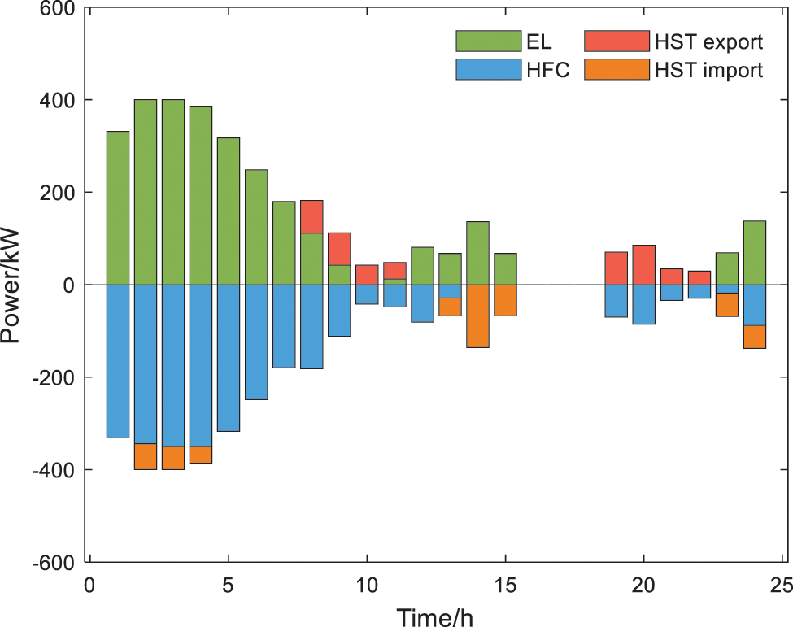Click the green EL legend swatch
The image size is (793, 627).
tap(488, 40)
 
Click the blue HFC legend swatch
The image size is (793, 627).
tap(488, 70)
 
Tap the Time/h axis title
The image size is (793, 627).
tap(435, 616)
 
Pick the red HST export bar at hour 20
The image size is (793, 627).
tap(644, 264)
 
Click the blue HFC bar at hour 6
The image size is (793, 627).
tap(256, 342)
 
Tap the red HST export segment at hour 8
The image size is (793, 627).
tap(312, 216)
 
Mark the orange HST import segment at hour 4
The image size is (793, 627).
tap(201, 455)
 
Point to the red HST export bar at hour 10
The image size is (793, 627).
tap(367, 274)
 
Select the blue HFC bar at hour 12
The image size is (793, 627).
tap(422, 303)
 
